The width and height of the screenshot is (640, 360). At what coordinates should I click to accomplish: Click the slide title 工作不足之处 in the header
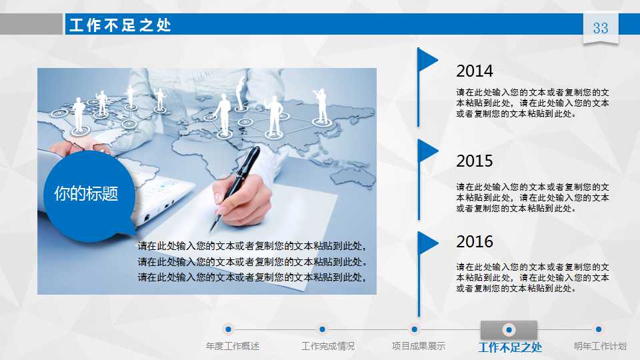click(x=120, y=25)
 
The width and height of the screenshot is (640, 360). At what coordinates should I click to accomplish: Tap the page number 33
click(x=601, y=28)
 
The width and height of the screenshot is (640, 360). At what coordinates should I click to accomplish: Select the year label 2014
click(x=475, y=71)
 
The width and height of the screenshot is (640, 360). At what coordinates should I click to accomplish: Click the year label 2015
click(x=475, y=161)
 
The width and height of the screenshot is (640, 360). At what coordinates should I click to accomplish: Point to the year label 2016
click(x=475, y=241)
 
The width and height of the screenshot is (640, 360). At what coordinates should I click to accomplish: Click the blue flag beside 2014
click(x=427, y=60)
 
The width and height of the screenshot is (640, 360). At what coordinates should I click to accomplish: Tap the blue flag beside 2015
click(x=427, y=151)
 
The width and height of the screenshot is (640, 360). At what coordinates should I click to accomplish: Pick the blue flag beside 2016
click(x=427, y=243)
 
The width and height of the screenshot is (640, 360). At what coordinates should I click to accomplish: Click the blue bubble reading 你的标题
click(x=87, y=194)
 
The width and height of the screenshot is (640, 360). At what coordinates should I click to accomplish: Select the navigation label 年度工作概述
click(x=233, y=347)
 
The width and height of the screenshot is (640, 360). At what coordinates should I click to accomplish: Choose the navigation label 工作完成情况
click(x=328, y=347)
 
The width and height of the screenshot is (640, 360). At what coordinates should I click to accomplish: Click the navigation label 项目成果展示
click(x=418, y=347)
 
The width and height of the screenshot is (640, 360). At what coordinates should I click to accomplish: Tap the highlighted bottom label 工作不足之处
click(x=510, y=347)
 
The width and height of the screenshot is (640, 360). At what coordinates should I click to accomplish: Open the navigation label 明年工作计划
click(x=600, y=347)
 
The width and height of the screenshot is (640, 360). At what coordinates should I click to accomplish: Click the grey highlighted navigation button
click(x=509, y=329)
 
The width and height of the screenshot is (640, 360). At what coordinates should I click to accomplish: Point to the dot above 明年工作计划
click(x=599, y=329)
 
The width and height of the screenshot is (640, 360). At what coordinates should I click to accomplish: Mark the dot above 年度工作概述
click(x=228, y=329)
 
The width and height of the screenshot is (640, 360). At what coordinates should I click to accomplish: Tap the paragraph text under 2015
click(x=532, y=198)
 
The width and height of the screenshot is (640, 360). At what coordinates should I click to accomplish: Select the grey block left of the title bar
click(x=31, y=24)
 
